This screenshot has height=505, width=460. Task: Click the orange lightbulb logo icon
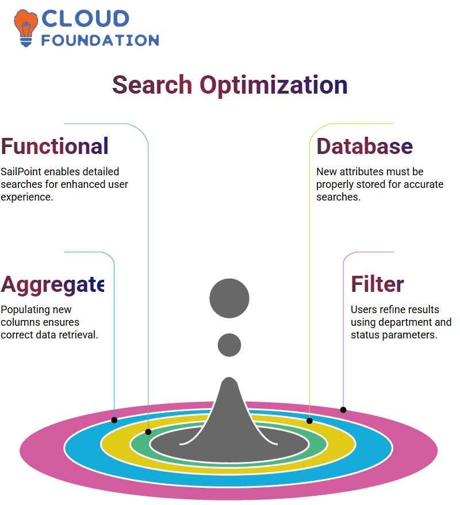point(25,28)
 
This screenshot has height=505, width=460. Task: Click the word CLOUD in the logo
point(86,19)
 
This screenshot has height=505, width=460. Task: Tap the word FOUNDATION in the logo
point(100,41)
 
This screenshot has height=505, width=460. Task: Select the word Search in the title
point(152,85)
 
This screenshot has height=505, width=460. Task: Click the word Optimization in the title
point(274,86)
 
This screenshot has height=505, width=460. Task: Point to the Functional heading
point(55,147)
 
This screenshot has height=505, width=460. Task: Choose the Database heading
point(365,147)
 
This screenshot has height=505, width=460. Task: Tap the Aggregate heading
point(52,286)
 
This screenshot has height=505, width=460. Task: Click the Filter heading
point(377,284)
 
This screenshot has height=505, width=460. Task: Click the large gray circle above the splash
point(229,298)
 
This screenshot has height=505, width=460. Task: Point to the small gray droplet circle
point(229,345)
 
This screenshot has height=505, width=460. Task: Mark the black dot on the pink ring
point(343,410)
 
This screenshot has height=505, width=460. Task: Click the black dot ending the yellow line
point(309,421)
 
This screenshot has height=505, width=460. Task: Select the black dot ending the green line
point(148,432)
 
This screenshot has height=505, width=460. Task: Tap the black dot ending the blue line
point(114,420)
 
